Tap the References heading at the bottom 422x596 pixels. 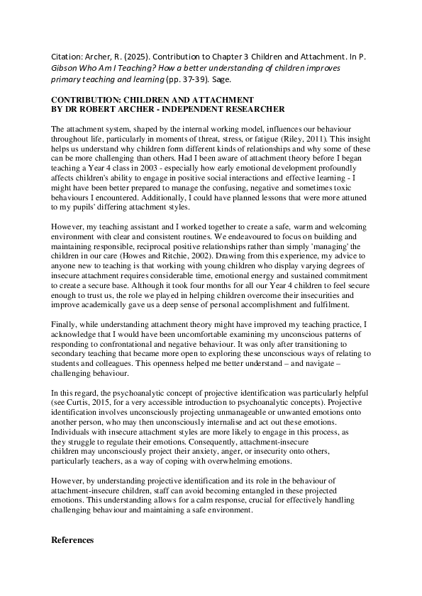[72, 539]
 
